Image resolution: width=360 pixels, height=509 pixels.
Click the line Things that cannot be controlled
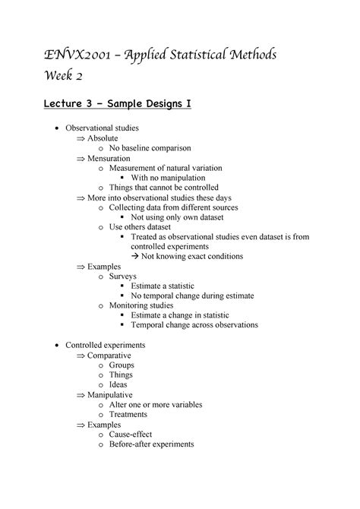pyautogui.click(x=163, y=188)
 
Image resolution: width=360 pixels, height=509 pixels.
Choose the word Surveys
pyautogui.click(x=125, y=277)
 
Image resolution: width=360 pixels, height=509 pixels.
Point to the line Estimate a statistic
pyautogui.click(x=171, y=286)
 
